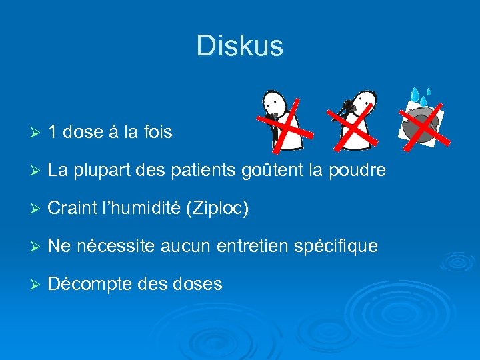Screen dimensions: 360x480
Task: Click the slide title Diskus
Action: coord(240,46)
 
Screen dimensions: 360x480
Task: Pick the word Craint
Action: coord(71,209)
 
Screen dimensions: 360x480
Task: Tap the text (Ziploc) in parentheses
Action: coord(219,209)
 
